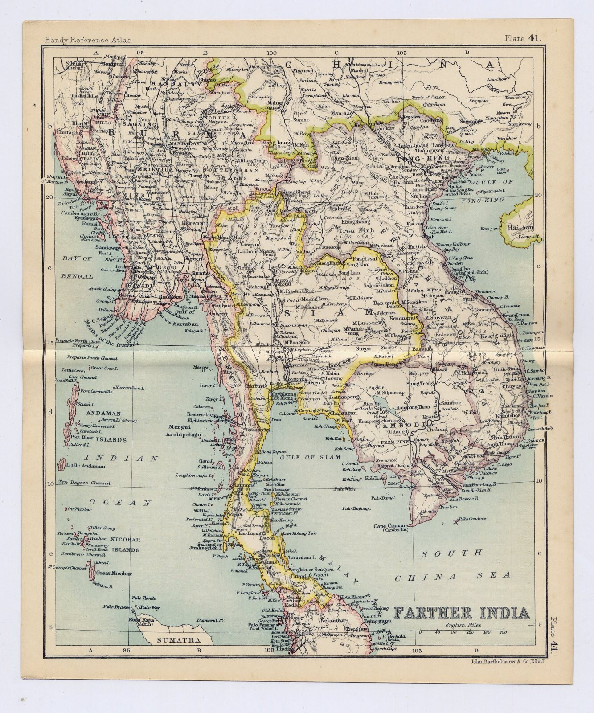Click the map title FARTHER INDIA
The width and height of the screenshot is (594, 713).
point(462,613)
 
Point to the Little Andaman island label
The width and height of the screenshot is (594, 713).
point(86,466)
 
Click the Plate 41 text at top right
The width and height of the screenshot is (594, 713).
point(523,38)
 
